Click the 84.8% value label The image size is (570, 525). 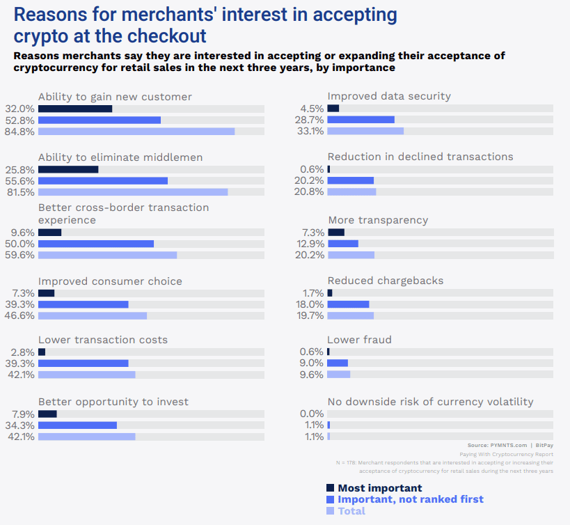20,132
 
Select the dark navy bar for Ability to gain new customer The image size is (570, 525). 75,109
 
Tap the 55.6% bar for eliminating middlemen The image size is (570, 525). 103,181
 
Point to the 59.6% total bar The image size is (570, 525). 107,255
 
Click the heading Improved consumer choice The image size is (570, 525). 110,281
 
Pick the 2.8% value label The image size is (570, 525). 23,352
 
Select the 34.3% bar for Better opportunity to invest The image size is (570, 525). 77,425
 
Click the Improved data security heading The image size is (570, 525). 389,96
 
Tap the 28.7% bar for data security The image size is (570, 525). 361,120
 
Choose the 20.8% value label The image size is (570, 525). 310,192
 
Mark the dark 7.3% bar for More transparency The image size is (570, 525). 335,233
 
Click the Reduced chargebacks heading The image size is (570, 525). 386,281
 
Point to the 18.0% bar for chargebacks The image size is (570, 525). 348,304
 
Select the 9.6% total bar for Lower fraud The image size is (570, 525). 338,375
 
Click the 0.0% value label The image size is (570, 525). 311,414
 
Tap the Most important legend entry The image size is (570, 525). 379,488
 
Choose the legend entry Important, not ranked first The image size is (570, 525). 410,499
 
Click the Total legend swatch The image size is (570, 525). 331,511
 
